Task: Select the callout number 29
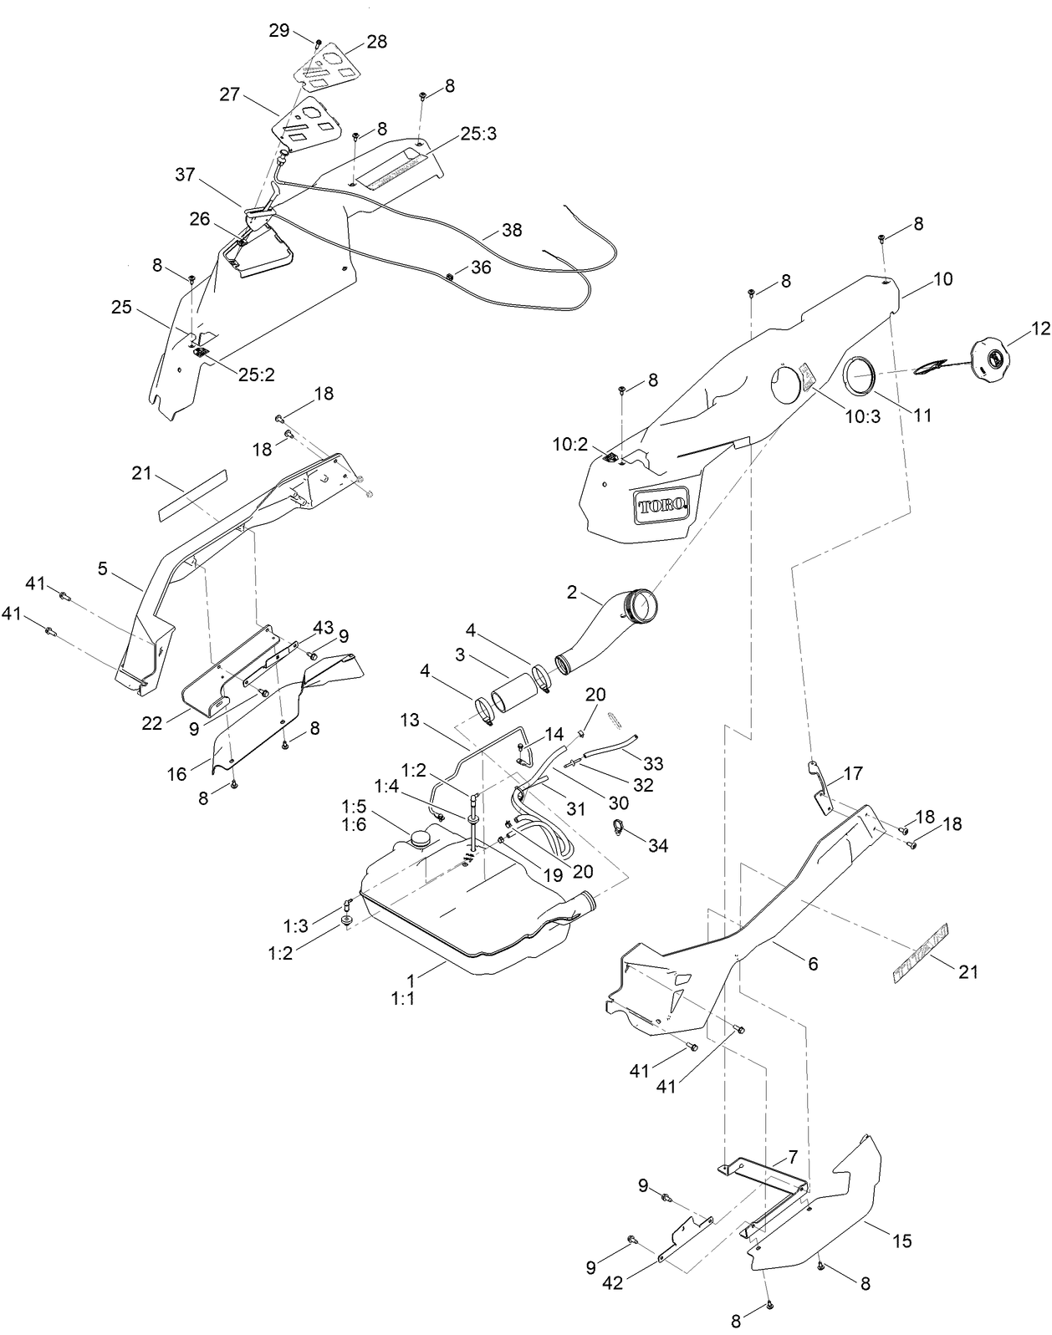coord(279,30)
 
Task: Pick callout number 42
coord(614,1283)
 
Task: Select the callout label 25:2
coord(256,375)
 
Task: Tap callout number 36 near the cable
coord(481,267)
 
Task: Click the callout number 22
coord(152,724)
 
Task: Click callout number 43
coord(323,627)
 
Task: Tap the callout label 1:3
coord(296,925)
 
